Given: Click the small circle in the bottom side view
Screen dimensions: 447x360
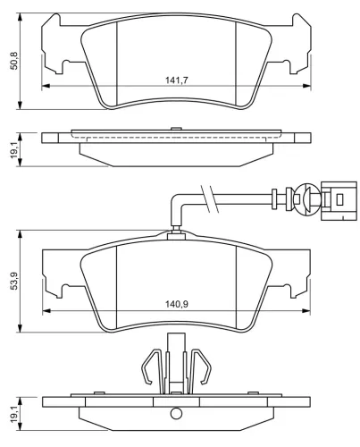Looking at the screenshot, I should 177,413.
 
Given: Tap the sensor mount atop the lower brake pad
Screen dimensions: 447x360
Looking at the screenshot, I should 177,235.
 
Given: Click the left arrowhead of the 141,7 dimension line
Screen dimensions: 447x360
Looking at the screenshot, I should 46,87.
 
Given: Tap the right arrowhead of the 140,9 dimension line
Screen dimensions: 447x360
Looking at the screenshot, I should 306,310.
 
